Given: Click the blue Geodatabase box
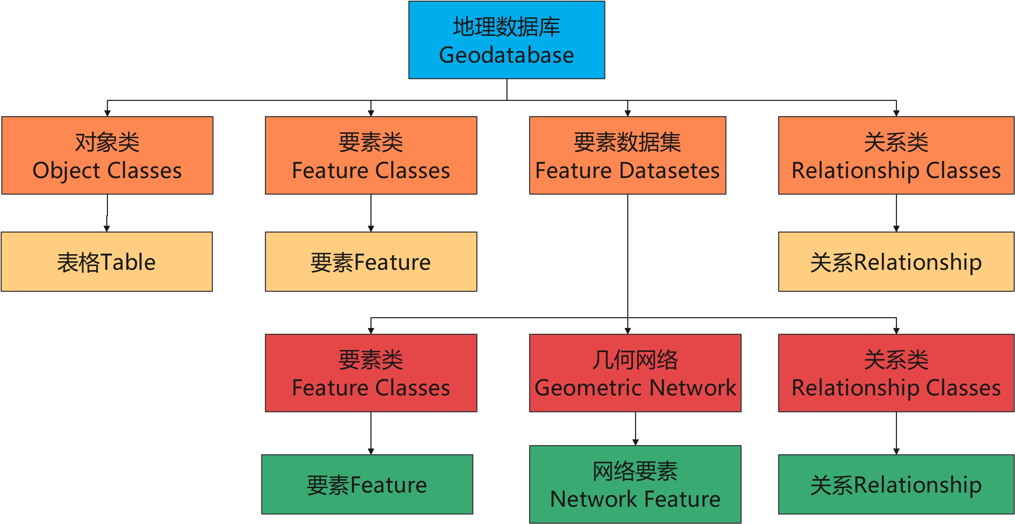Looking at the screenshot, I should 506,40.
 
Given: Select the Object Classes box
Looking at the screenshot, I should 107,155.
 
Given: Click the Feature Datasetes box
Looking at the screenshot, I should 627,155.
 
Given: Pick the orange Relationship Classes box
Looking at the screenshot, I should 896,155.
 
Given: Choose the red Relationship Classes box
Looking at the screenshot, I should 896,373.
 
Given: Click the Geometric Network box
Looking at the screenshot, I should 635,373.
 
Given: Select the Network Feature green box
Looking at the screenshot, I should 635,484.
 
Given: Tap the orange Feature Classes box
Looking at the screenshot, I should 371,155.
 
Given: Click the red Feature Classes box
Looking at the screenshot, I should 371,373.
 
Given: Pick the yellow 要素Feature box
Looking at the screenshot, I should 371,261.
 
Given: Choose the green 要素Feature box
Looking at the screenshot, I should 367,484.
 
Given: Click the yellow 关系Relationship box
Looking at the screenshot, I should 896,261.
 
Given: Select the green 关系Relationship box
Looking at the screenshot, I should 896,484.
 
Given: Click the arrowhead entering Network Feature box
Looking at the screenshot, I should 635,442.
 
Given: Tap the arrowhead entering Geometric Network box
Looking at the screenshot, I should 628,331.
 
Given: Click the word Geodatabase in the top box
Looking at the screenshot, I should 506,55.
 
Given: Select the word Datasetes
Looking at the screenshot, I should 670,171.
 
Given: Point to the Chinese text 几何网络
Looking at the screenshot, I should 635,359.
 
